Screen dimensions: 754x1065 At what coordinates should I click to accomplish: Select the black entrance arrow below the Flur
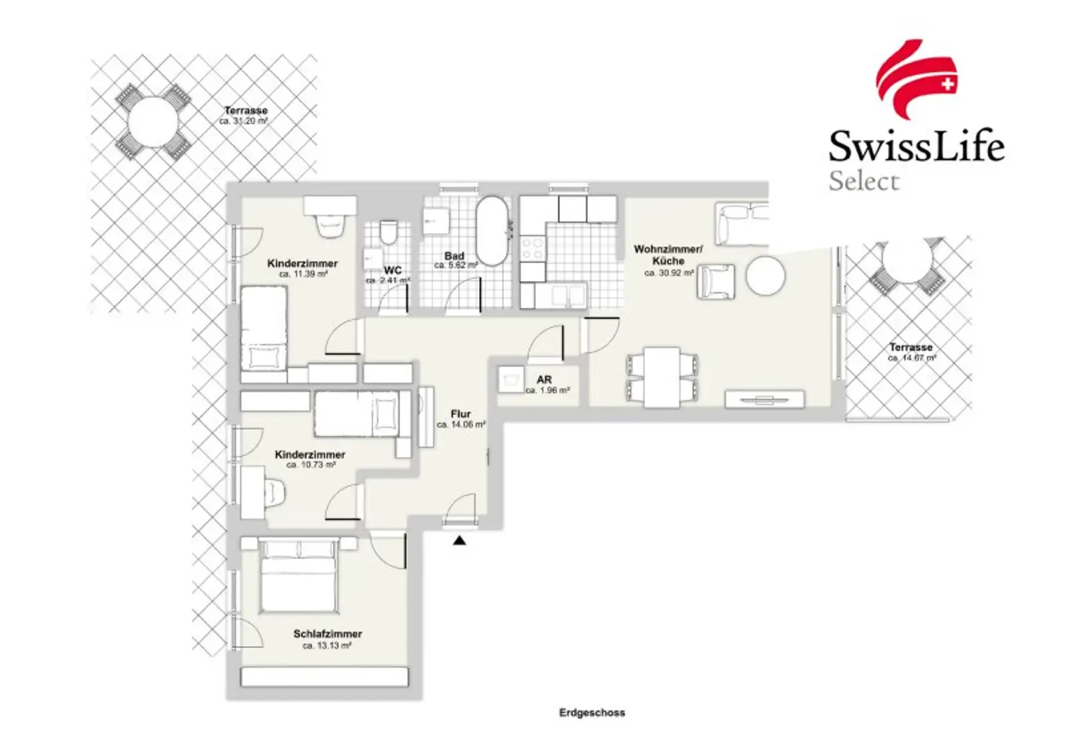[x=459, y=540]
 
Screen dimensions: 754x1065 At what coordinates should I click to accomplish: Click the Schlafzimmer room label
[x=327, y=634]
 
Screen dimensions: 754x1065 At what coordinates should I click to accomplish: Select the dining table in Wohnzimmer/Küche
[x=661, y=377]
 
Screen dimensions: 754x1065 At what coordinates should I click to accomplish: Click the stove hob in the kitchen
[x=533, y=248]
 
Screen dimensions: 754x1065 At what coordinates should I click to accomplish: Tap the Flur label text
[x=460, y=414]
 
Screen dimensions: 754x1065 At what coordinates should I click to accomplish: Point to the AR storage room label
[x=544, y=380]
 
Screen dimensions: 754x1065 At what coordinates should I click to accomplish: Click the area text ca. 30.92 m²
[x=668, y=273]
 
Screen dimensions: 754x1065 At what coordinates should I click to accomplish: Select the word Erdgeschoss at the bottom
[x=591, y=712]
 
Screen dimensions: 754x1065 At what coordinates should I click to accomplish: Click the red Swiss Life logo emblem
[x=916, y=80]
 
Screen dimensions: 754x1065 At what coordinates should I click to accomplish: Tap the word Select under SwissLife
[x=864, y=182]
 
